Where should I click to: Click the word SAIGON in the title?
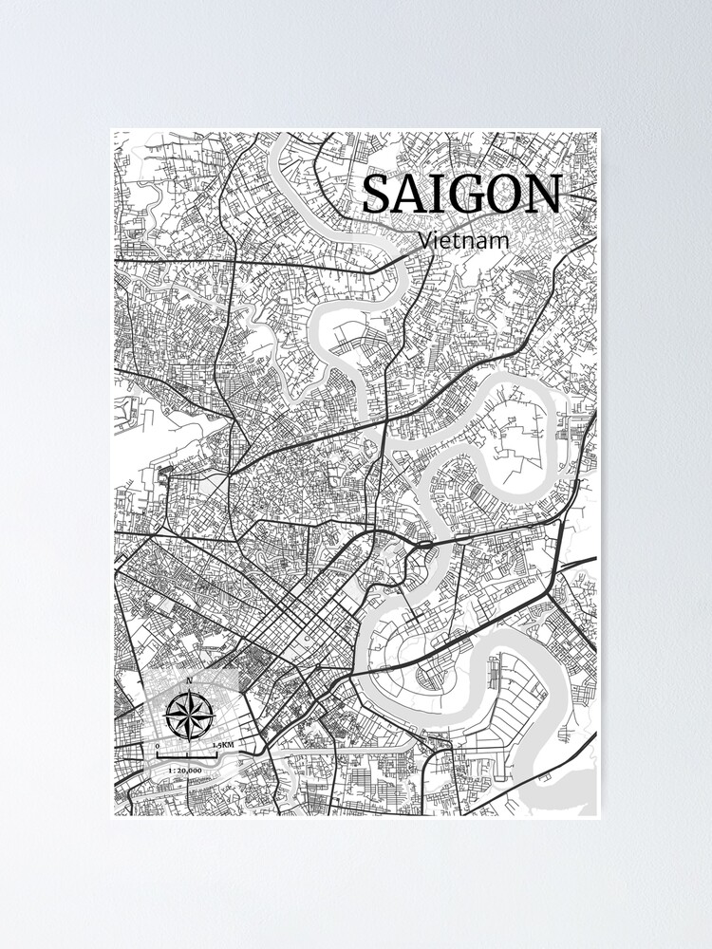pos(461,195)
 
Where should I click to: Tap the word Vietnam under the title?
pos(463,240)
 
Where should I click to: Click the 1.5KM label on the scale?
pos(224,746)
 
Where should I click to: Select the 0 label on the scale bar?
pos(158,746)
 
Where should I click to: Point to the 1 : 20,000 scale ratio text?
pos(184,771)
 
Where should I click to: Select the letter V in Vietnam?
pos(424,240)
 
